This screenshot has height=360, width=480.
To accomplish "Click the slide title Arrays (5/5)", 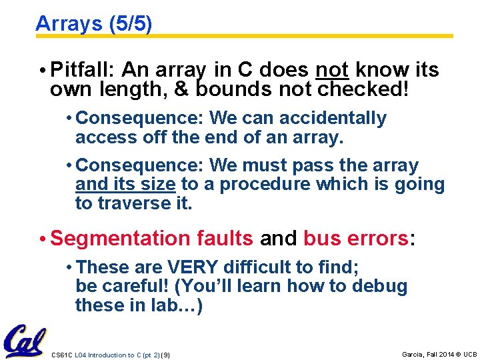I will pyautogui.click(x=93, y=24).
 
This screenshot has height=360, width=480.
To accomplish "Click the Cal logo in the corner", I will pyautogui.click(x=25, y=341).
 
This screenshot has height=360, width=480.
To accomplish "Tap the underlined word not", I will pyautogui.click(x=332, y=69).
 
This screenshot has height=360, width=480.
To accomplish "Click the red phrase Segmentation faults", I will pyautogui.click(x=151, y=238).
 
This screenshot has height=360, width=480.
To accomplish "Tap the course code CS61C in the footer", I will pyautogui.click(x=61, y=355).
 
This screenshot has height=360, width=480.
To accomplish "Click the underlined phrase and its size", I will pyautogui.click(x=125, y=184).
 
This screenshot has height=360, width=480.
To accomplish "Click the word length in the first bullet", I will pyautogui.click(x=117, y=89).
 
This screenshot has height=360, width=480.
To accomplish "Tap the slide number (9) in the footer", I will pyautogui.click(x=165, y=355).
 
